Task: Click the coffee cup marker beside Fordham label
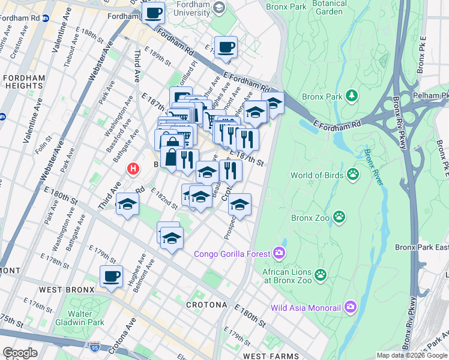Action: tap(153, 12)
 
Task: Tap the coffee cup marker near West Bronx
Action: tap(111, 276)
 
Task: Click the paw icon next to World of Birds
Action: tap(353, 175)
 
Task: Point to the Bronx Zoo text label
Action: tap(310, 217)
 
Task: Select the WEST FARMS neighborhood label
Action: tap(272, 356)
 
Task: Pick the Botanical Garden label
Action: tap(330, 7)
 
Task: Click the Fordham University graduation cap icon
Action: tap(218, 7)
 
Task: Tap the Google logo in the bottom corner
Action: tap(19, 353)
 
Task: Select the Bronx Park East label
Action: tap(421, 247)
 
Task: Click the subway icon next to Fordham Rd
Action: tap(46, 19)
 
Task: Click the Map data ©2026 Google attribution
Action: tap(412, 355)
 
